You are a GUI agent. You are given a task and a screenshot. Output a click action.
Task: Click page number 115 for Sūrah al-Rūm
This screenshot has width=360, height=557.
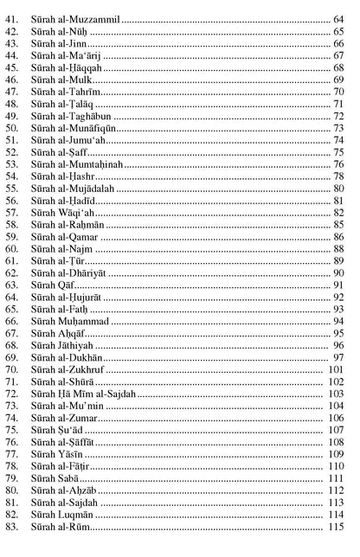[x=337, y=528]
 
